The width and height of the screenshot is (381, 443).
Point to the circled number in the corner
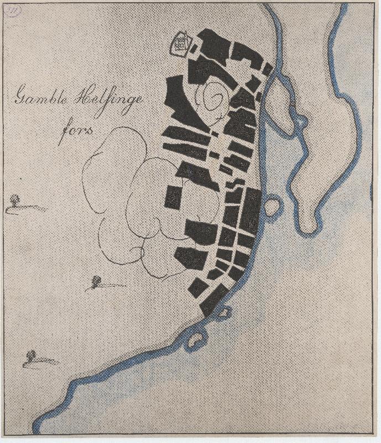pos(12,11)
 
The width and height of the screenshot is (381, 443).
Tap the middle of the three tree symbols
pos(96,281)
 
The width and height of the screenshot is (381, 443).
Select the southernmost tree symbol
pos(31,355)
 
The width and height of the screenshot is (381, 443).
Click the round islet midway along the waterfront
pos(272,207)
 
